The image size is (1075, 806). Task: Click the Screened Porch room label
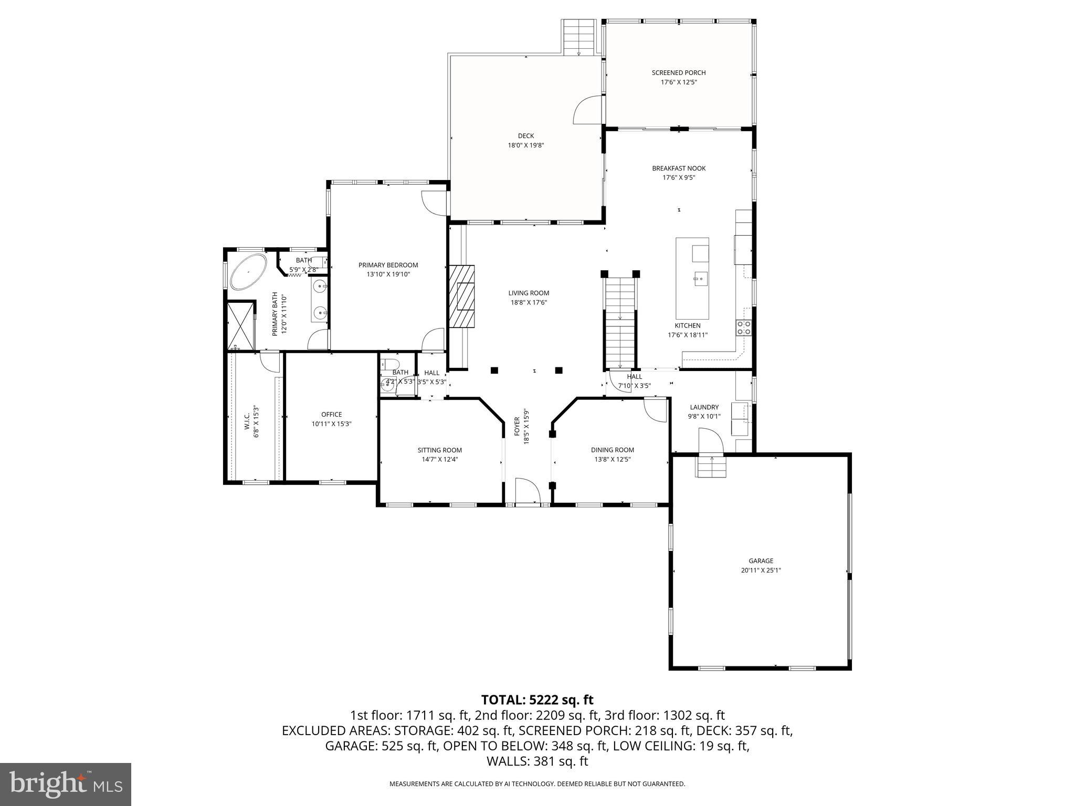pos(678,73)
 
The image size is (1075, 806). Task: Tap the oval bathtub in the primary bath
pos(248,272)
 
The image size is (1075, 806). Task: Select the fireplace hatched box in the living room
pos(461,296)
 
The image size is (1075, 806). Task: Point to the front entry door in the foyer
pos(528,492)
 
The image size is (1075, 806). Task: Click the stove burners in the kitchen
pos(744,327)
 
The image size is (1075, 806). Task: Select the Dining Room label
pos(612,450)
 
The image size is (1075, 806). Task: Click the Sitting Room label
pos(439,450)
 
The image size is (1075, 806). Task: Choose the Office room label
pos(331,415)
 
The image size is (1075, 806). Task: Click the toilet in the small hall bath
pos(390,364)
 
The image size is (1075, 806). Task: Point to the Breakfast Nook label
pos(678,168)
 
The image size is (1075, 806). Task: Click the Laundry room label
pos(704,407)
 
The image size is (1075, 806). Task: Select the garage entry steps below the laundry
pos(712,466)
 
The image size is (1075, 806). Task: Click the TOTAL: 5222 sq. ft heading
pos(537,699)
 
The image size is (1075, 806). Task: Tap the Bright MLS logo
pos(66,784)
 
